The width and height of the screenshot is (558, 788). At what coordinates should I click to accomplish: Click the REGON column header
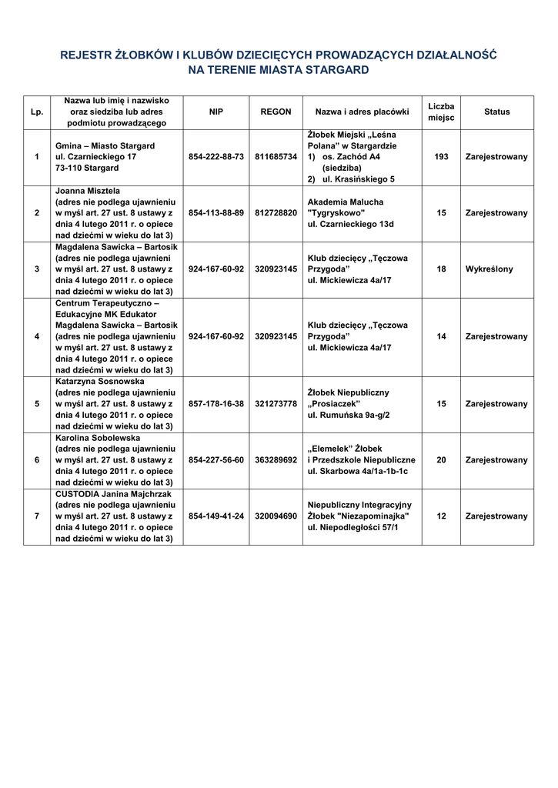click(276, 112)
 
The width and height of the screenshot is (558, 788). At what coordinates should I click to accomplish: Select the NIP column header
click(216, 112)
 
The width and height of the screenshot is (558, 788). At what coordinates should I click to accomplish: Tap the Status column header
click(496, 112)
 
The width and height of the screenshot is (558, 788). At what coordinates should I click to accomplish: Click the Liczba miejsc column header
click(441, 112)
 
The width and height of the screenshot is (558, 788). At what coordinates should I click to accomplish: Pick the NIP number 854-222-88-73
click(216, 157)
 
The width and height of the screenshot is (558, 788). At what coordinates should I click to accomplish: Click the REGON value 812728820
click(276, 213)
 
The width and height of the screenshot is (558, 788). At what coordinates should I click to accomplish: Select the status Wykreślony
click(489, 269)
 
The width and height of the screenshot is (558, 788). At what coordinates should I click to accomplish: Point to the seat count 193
click(441, 157)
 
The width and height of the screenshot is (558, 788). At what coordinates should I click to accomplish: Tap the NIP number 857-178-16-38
click(216, 404)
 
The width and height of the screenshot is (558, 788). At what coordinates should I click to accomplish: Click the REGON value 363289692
click(276, 460)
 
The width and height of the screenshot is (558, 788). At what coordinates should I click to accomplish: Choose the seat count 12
click(441, 516)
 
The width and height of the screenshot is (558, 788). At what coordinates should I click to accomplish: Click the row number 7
click(37, 516)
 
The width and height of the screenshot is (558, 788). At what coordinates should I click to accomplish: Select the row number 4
click(37, 336)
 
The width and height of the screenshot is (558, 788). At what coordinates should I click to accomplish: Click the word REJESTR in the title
click(86, 55)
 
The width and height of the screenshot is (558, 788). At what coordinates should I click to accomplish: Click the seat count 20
click(441, 460)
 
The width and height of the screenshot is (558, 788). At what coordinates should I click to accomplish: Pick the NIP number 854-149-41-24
click(216, 516)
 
